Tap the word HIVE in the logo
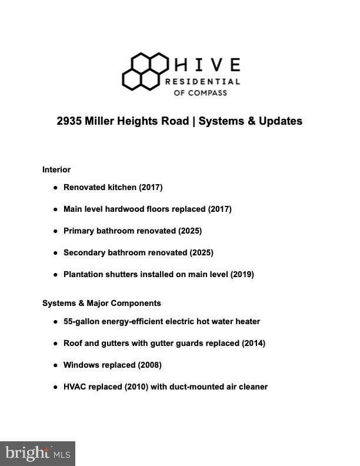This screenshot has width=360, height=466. pos(207,64)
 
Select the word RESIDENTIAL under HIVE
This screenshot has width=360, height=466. pos(202,81)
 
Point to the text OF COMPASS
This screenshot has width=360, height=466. pos(199,92)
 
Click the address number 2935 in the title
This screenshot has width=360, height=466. pos(69,121)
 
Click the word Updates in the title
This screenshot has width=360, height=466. pos(281,121)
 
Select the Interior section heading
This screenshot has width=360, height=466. pos(56,169)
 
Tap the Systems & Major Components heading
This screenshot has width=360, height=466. pos(101,303)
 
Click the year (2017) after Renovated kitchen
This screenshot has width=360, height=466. pos(151,187)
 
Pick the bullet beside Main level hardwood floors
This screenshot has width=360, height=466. pos(55,209)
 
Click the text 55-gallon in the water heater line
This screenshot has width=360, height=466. pos(81,321)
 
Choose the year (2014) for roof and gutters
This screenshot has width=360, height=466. pos(253,343)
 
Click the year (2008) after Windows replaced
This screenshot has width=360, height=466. pos(149,365)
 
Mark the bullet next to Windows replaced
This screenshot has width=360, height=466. pos(55,365)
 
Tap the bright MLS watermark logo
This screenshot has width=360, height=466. pos(38,453)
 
